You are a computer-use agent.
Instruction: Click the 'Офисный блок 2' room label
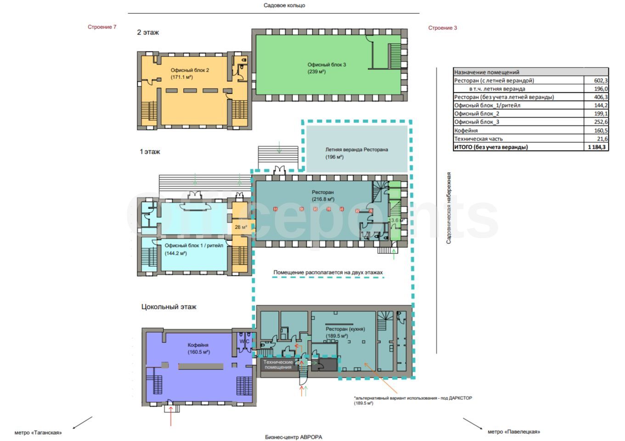(190, 70)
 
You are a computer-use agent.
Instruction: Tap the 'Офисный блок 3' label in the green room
(327, 65)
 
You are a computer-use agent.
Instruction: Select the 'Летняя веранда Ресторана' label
(356, 150)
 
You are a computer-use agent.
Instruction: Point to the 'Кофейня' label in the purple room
(198, 345)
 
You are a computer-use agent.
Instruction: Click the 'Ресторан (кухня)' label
(345, 329)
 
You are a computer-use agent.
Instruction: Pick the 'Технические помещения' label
(278, 365)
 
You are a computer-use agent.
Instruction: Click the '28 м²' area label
(241, 227)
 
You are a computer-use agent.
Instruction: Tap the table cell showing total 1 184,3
(597, 147)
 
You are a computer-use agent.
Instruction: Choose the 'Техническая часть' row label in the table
(478, 139)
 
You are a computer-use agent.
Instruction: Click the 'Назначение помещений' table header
(487, 72)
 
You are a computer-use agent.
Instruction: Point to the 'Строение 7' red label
(102, 27)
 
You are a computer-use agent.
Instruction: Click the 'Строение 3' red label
(443, 28)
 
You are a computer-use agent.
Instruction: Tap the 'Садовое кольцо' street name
(284, 6)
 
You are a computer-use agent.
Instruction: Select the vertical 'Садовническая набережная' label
(448, 208)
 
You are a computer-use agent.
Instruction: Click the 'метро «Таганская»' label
(38, 433)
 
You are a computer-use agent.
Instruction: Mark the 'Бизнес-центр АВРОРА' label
(293, 437)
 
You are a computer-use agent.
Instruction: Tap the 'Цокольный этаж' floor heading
(169, 307)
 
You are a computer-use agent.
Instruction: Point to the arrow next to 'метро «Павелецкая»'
(473, 424)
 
